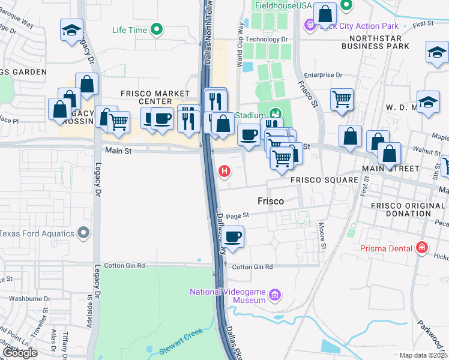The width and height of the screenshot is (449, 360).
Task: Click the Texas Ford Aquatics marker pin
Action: coord(84,233)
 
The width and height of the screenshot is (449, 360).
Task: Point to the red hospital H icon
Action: coord(224,172)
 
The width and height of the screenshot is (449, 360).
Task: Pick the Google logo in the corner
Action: coord(20,353)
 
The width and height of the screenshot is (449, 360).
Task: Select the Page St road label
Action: coord(238,215)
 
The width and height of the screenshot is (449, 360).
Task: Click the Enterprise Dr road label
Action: coord(323,75)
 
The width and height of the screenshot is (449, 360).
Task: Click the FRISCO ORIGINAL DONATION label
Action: coord(409,209)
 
